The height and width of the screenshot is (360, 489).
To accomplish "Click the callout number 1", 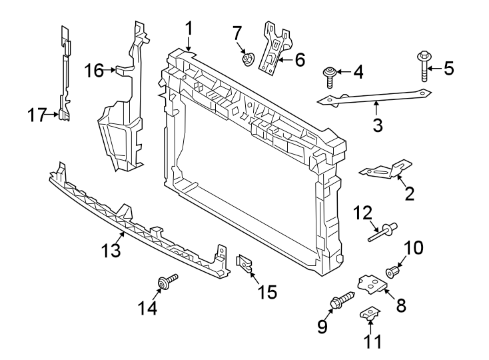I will pyautogui.click(x=189, y=29).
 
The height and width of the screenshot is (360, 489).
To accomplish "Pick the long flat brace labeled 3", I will pyautogui.click(x=373, y=98).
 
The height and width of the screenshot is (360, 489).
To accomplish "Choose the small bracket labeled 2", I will pyautogui.click(x=386, y=170).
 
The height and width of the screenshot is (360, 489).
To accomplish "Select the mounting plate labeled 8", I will pyautogui.click(x=372, y=285).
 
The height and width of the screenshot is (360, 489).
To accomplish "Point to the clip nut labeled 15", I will pyautogui.click(x=244, y=265).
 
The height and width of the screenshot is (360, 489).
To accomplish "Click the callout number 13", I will pyautogui.click(x=111, y=251).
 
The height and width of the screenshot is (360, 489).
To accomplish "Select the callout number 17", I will pyautogui.click(x=37, y=115).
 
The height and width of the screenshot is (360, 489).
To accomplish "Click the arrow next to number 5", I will pyautogui.click(x=433, y=67).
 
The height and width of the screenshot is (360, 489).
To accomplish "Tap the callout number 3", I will pyautogui.click(x=378, y=125).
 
